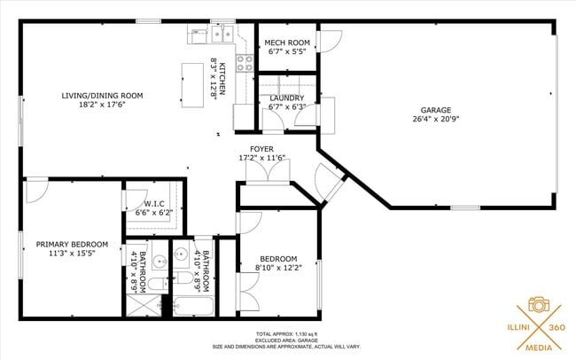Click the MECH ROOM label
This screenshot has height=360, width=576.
pyautogui.click(x=287, y=43)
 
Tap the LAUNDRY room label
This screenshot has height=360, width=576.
pyautogui.click(x=287, y=98)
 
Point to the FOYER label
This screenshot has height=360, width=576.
pyautogui.click(x=261, y=150)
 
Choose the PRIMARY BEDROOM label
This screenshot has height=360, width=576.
pyautogui.click(x=72, y=244)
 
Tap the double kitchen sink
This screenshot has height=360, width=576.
pyautogui.click(x=217, y=35)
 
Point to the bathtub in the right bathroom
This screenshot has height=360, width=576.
pyautogui.click(x=193, y=308)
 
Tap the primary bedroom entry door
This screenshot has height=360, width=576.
pyautogui.click(x=36, y=189)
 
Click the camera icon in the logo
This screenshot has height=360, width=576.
pyautogui.click(x=537, y=304)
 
